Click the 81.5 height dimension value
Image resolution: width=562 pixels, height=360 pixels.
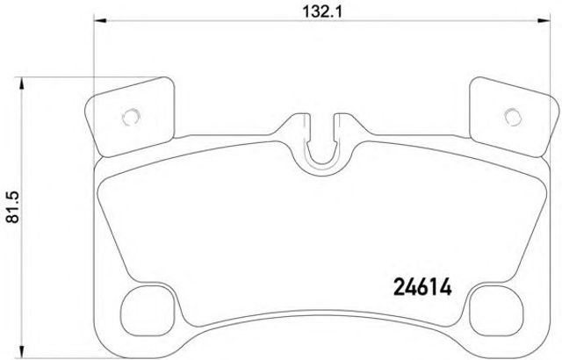coord(14,207)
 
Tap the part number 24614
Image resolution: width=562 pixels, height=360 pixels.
coord(422,287)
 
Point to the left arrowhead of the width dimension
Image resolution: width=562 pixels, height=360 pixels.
coord(100,21)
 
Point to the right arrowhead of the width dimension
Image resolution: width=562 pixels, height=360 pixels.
coord(543,21)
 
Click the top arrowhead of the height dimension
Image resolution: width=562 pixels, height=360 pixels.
coord(22,83)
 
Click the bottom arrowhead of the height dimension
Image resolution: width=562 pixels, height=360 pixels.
coord(22,352)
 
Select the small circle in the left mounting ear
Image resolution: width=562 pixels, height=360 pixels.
coord(131,117)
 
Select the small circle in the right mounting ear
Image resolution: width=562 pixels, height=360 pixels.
coord(513,117)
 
